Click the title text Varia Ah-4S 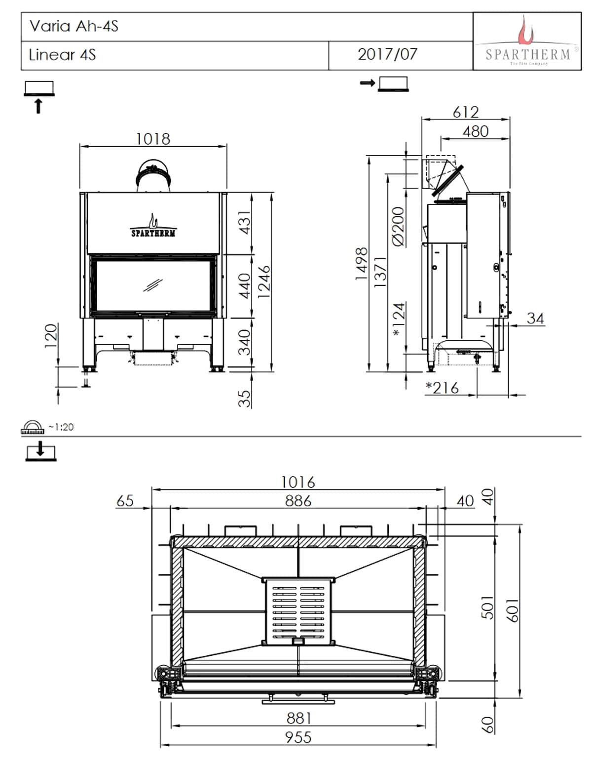[74, 26]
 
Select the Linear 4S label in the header [62, 54]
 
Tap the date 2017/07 [388, 54]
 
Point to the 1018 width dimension [153, 139]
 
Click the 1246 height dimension [265, 282]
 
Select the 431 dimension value [245, 223]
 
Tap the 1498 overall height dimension [362, 264]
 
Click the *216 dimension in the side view [443, 388]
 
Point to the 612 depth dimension [465, 112]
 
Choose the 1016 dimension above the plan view [298, 482]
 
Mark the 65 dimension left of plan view [125, 501]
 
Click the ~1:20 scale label [61, 427]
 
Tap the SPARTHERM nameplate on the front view [153, 232]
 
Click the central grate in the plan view [298, 610]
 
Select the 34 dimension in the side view [535, 318]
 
